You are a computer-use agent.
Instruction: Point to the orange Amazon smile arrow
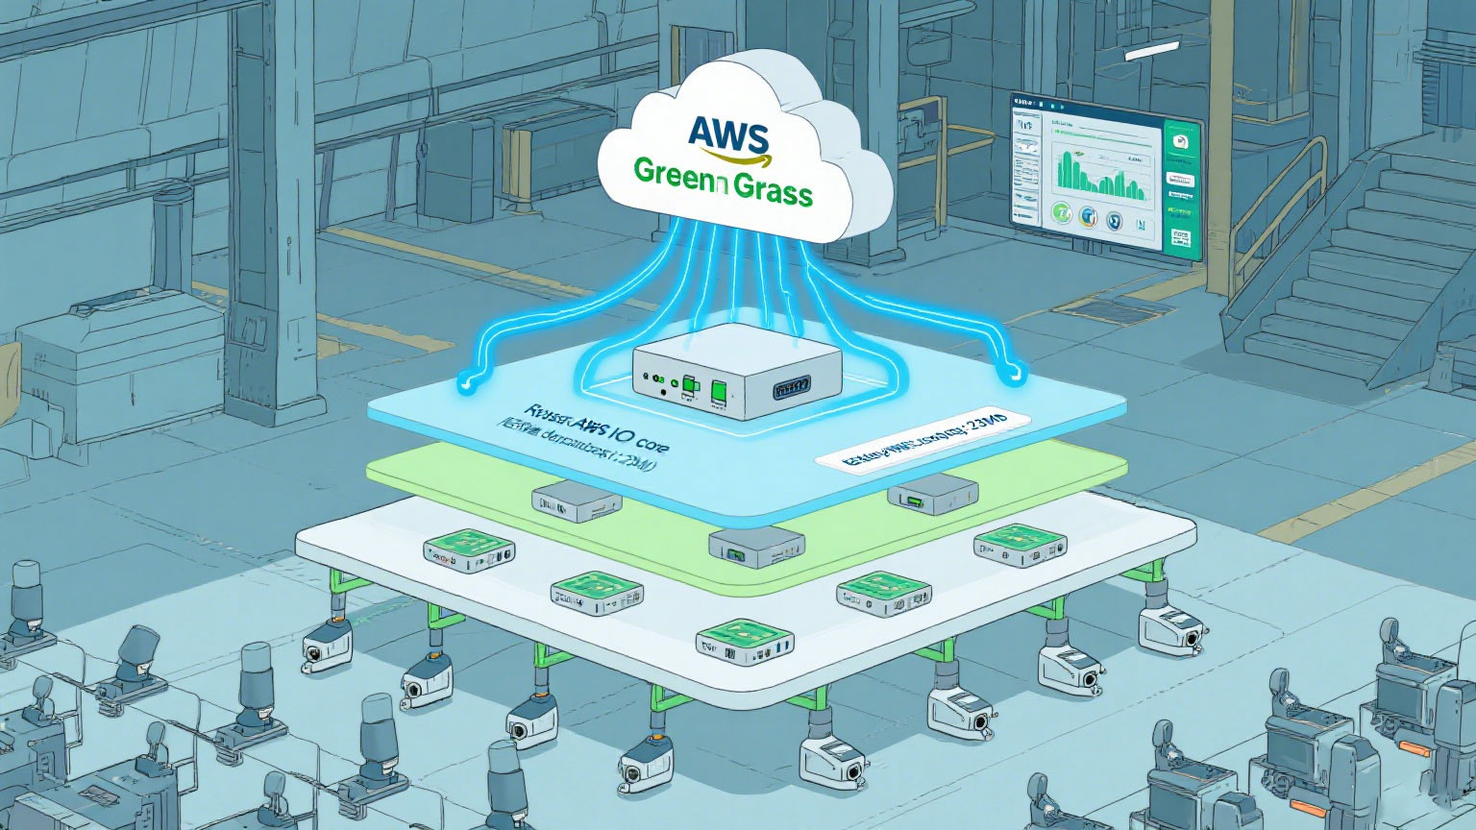[x=726, y=156]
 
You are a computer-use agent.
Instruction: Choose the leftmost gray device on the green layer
[x=576, y=499]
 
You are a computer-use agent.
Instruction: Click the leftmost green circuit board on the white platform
[x=469, y=550]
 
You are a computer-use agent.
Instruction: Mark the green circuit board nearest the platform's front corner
[x=744, y=643]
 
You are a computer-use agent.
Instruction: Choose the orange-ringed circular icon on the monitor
[x=1088, y=216]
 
